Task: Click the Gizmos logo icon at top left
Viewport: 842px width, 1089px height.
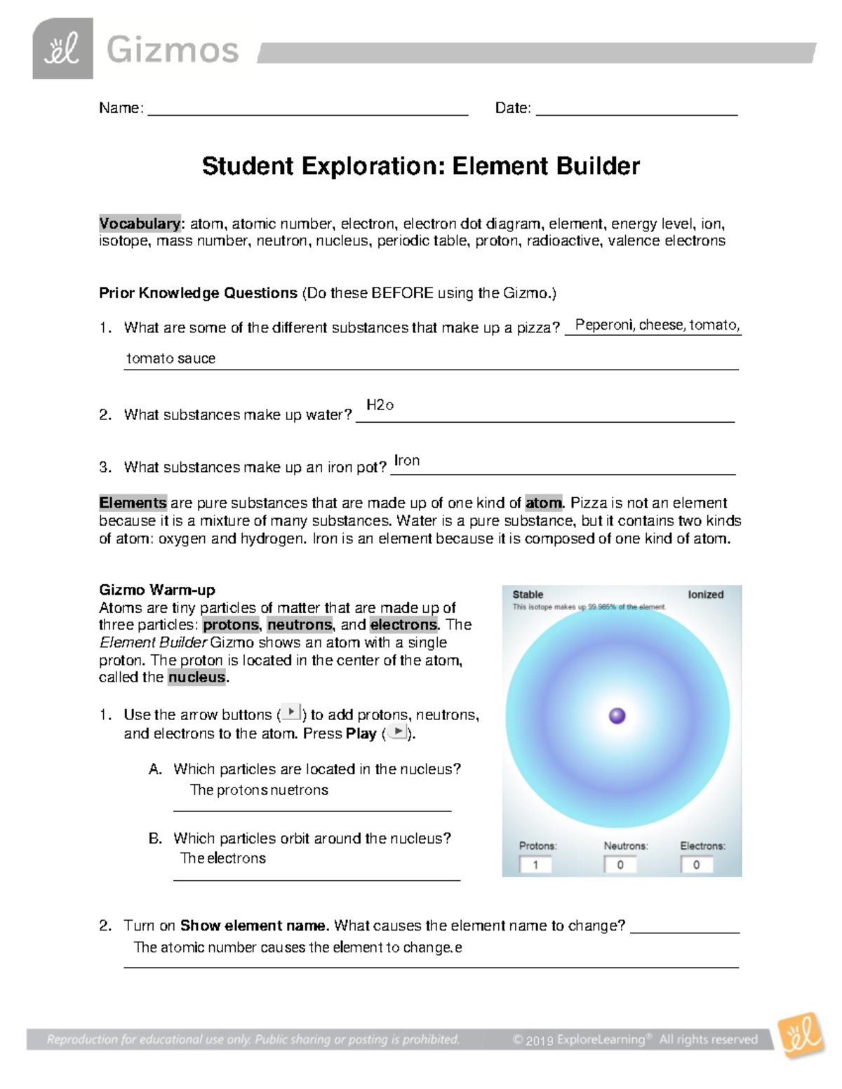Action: tap(62, 49)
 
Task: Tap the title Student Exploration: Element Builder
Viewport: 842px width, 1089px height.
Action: tap(420, 166)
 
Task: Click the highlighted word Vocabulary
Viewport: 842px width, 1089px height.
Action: tap(140, 224)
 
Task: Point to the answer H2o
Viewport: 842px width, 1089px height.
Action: tap(380, 405)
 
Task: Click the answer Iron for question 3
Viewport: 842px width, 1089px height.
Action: tap(407, 461)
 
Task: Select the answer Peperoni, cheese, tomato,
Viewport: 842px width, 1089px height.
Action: tap(657, 325)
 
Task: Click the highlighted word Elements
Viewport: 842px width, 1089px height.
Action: tap(133, 503)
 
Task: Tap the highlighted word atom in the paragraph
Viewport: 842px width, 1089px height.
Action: tap(544, 503)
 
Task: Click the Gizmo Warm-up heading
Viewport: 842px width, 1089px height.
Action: tap(157, 590)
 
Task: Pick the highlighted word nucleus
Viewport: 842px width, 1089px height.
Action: tap(197, 677)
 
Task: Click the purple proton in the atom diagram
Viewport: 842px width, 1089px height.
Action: tap(617, 716)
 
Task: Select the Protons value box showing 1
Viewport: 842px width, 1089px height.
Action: tap(535, 865)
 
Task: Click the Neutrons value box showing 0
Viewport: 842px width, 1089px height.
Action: tap(620, 865)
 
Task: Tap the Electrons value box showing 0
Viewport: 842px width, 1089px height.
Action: tap(697, 865)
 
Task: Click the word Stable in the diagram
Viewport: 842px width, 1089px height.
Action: tap(528, 595)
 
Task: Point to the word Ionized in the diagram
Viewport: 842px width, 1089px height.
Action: tap(705, 595)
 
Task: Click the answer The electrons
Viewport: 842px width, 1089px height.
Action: tap(223, 858)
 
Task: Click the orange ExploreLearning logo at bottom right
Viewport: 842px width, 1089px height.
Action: tap(802, 1036)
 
